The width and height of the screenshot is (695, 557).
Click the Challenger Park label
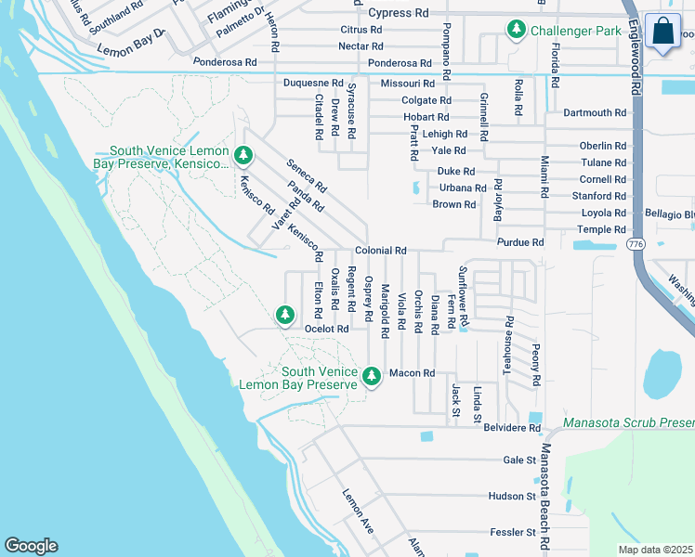point(576,31)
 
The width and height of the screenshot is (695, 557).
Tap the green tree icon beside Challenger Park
point(516,31)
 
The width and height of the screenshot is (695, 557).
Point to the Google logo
point(31,546)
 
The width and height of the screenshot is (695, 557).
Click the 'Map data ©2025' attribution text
point(655,550)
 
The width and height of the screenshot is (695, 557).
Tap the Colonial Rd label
point(381,251)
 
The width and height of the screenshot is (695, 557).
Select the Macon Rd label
point(412,373)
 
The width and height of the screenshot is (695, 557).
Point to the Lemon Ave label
point(358,511)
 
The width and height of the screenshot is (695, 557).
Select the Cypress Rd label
point(399,13)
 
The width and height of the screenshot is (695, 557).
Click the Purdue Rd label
point(520,242)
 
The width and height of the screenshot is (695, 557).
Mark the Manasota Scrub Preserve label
point(628,422)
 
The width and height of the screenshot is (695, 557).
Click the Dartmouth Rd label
point(595,112)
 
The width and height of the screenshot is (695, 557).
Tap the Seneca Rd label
point(306,174)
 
